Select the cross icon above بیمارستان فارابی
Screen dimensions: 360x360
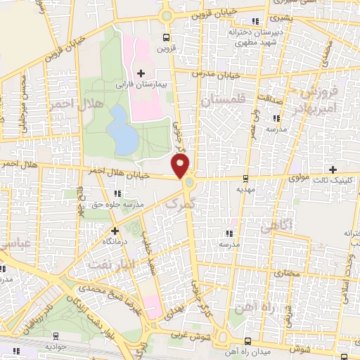click(141, 73)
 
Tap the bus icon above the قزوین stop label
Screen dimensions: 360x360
click(165, 38)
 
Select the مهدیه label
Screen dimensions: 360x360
click(245, 189)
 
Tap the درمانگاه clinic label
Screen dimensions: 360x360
click(115, 240)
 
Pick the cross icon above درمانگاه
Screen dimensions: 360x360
click(115, 230)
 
